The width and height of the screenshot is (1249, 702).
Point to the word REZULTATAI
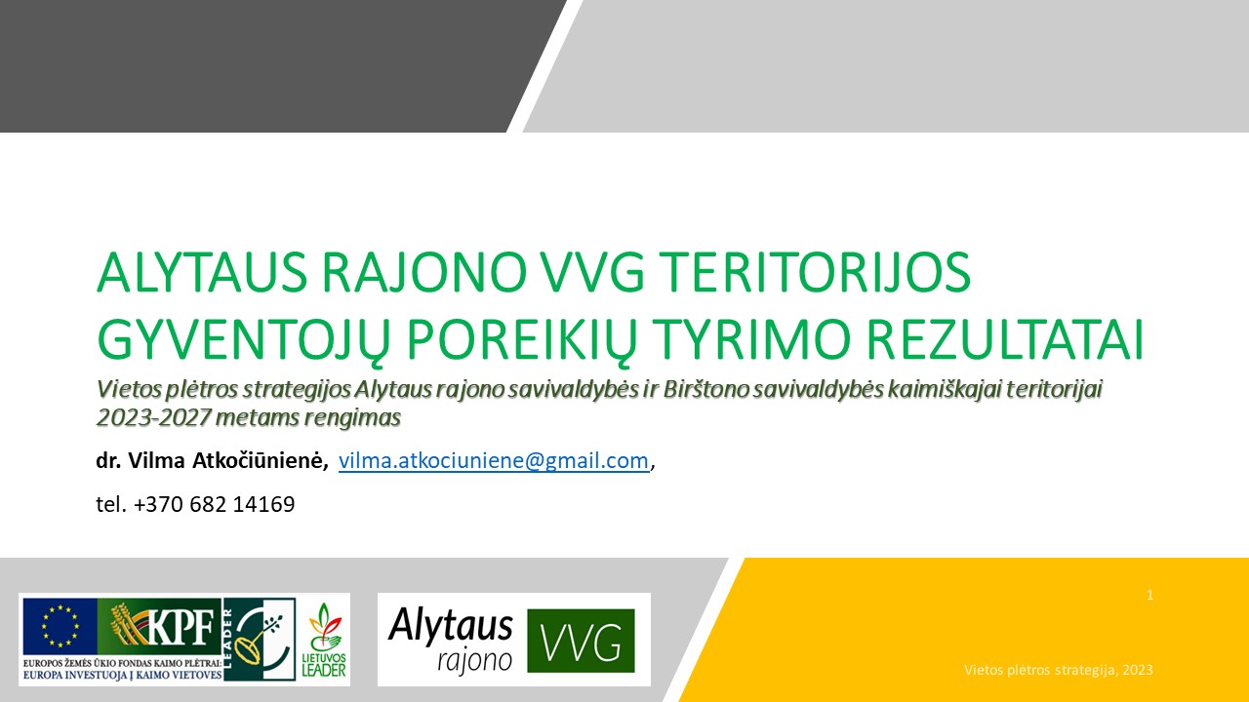coord(1005,339)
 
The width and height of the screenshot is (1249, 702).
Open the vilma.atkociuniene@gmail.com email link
coord(494,461)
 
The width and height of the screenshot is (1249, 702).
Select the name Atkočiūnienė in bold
coord(260,461)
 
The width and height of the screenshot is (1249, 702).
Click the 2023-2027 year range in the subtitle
coord(153,417)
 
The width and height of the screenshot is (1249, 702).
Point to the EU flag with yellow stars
coord(60,626)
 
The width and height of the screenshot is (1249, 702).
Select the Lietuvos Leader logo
coord(323,640)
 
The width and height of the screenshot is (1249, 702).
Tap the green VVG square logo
coord(581,641)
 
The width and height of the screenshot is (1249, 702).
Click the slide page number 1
coord(1149,595)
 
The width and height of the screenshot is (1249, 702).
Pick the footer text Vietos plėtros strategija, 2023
coord(1059,670)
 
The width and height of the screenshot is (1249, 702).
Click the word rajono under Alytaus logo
coord(474,662)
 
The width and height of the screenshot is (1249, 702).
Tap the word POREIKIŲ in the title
coord(522,341)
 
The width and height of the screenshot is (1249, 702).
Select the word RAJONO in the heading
coord(424,272)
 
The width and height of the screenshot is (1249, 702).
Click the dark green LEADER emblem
coord(260,639)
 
